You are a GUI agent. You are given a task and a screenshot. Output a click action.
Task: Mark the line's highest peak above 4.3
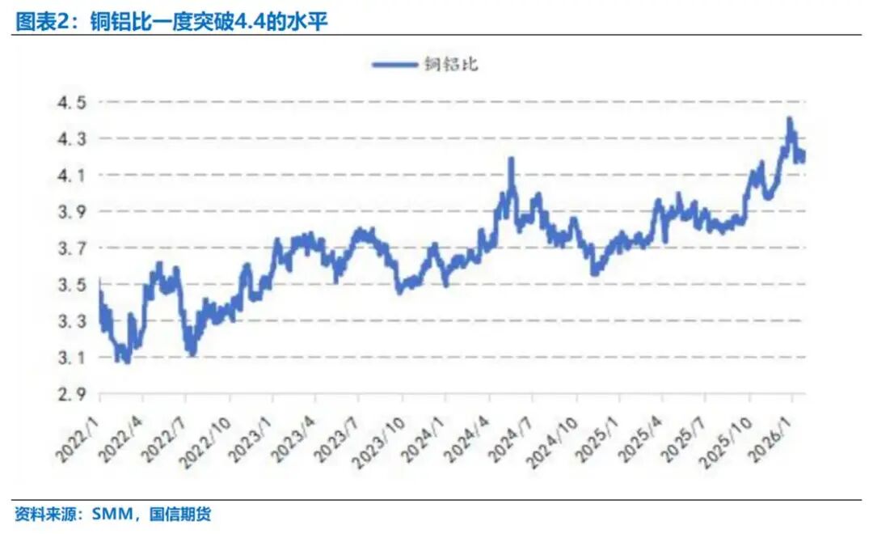(x=789, y=120)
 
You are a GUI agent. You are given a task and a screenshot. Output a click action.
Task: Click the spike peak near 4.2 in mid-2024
(x=511, y=159)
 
